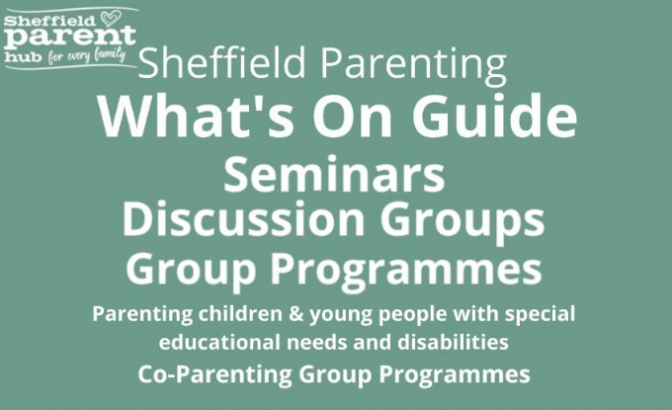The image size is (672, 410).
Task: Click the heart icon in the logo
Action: tap(111, 19)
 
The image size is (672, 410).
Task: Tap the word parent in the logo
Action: tap(71, 39)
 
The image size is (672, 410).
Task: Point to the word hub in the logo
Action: tap(23, 57)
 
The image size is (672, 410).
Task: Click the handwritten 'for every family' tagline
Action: tap(87, 55)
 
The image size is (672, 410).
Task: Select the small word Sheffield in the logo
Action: tap(49, 21)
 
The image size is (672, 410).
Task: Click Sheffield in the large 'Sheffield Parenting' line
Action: tap(222, 62)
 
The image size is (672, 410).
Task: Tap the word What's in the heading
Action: tap(197, 116)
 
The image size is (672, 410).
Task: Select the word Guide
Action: tap(494, 116)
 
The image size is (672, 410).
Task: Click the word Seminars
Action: tap(334, 174)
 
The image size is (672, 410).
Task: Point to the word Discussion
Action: tap(243, 219)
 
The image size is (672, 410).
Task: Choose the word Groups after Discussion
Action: tap(462, 222)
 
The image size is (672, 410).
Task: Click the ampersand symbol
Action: tap(295, 314)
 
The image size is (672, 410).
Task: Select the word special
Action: tap(540, 315)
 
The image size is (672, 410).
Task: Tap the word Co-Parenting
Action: tap(215, 374)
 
